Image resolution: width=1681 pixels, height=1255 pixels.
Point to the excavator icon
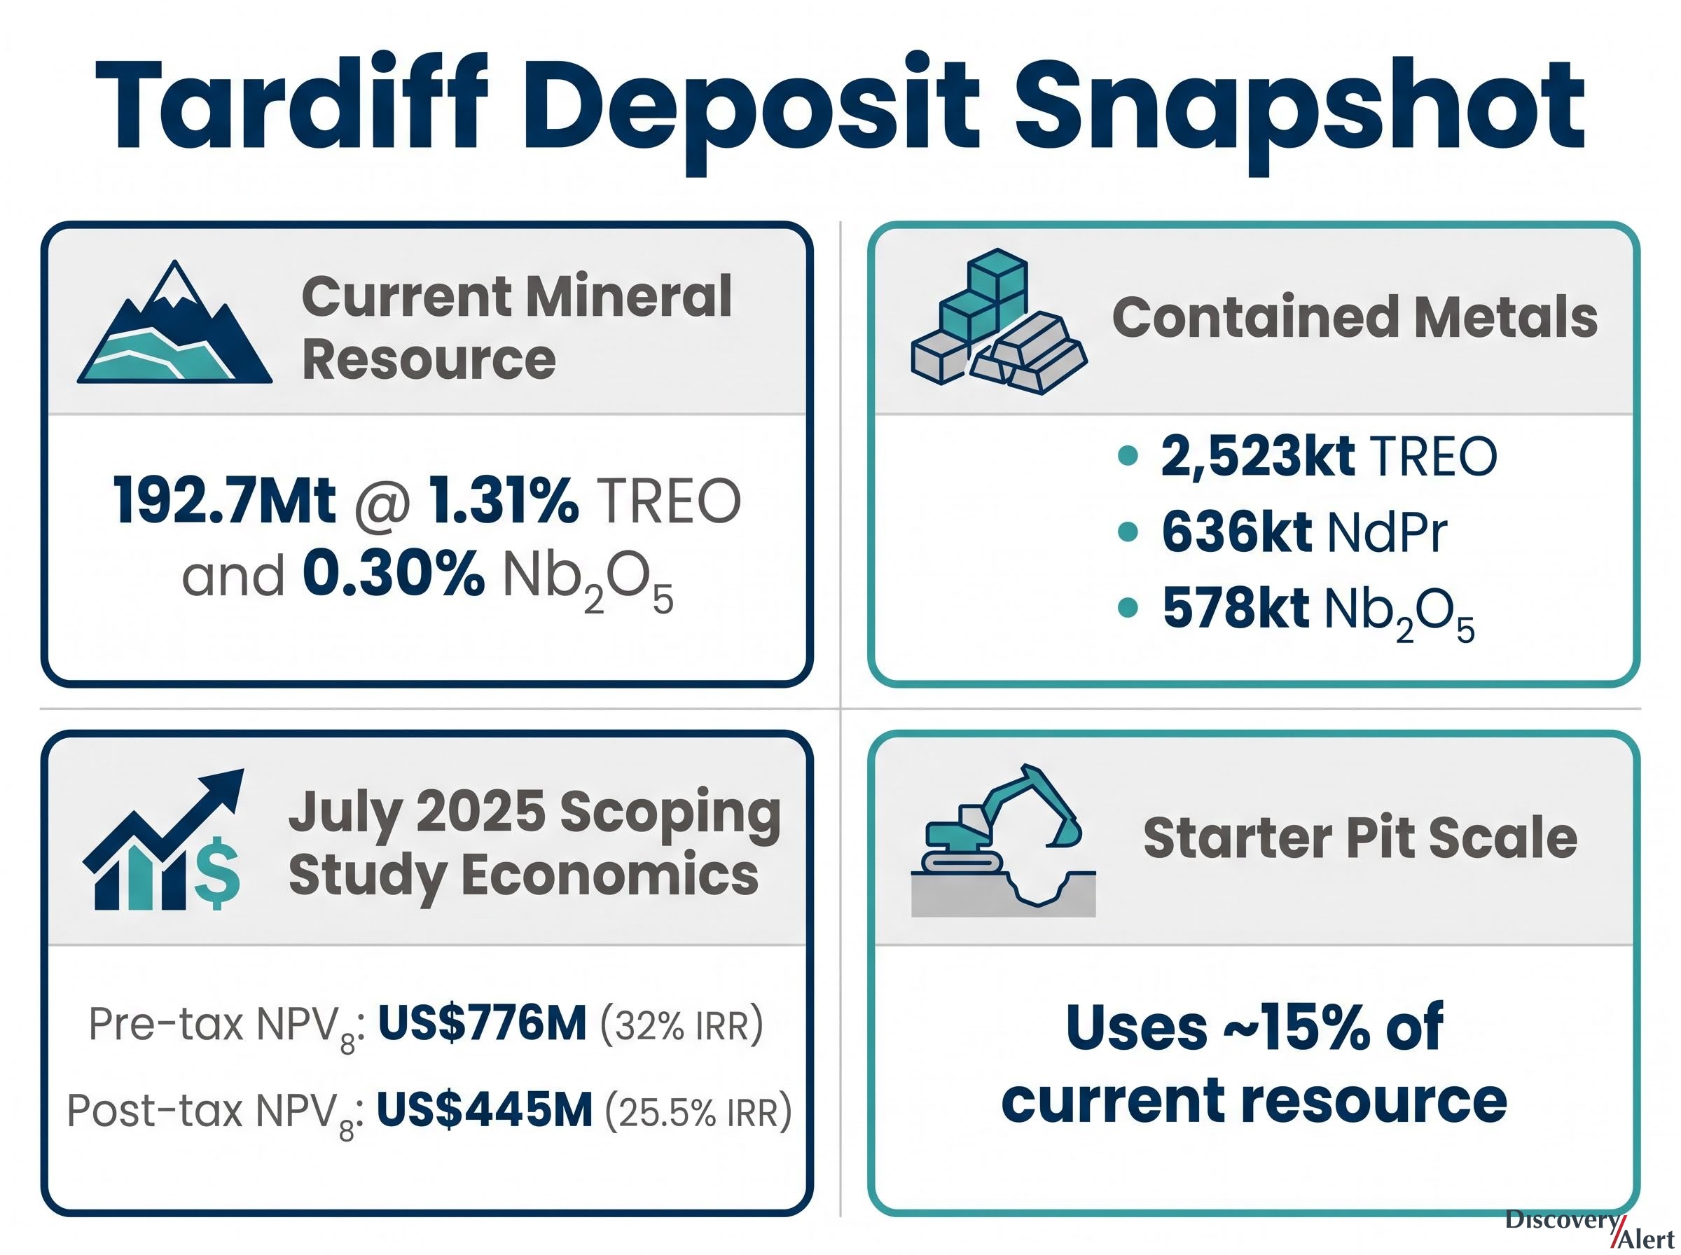[1003, 840]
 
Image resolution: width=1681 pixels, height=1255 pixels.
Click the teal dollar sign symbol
[218, 873]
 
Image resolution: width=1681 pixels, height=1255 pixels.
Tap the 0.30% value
[394, 576]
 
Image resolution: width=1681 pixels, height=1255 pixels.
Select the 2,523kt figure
[1257, 456]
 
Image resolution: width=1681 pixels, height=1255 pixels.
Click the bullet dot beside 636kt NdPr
[1129, 532]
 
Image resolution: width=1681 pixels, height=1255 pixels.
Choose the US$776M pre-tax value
[483, 1023]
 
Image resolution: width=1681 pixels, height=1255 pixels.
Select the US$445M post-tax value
[485, 1110]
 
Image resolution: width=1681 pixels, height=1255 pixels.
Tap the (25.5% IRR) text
[698, 1111]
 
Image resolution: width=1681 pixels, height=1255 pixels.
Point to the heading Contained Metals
[1355, 317]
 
